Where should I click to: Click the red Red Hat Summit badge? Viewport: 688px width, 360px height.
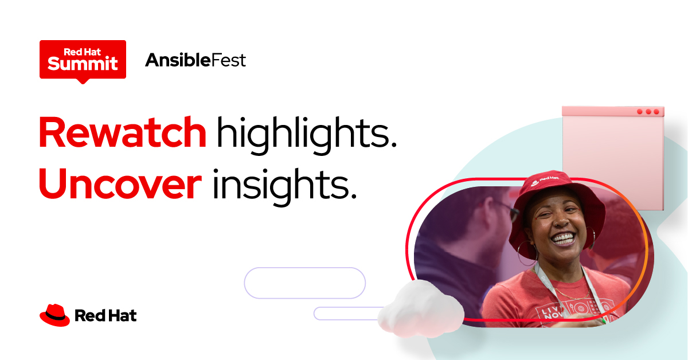click(x=83, y=59)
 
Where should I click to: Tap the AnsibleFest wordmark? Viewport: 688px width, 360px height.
click(x=196, y=60)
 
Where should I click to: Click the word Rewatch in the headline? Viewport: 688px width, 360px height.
click(x=122, y=132)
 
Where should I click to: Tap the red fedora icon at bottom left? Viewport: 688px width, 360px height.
click(x=54, y=315)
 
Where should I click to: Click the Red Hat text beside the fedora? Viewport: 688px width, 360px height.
click(x=105, y=315)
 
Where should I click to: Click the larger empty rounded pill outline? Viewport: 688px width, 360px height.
click(x=304, y=283)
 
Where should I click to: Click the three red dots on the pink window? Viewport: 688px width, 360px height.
click(x=648, y=111)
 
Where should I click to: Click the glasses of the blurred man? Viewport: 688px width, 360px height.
click(x=507, y=210)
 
